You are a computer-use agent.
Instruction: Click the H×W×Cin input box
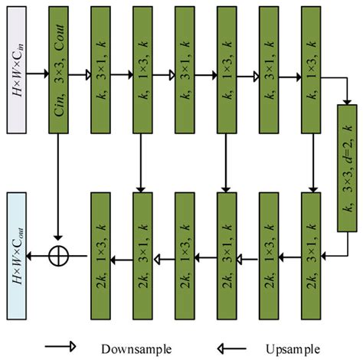click(x=17, y=75)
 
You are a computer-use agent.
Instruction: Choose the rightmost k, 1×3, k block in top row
click(x=312, y=74)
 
